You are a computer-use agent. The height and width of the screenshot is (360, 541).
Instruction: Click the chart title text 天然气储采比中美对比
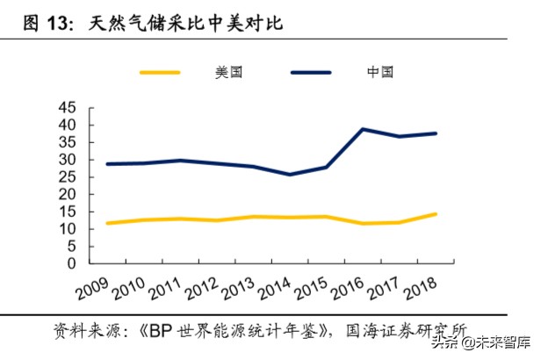pos(187,24)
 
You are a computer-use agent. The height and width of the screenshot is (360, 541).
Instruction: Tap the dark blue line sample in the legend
pos(310,73)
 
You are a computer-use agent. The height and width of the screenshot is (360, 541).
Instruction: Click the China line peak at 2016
pos(363,129)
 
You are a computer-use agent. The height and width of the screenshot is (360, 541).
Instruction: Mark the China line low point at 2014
pos(289,175)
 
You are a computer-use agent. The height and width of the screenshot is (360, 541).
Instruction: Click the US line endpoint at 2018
pos(436,214)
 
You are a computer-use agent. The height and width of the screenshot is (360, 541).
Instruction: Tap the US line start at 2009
pos(107,223)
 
